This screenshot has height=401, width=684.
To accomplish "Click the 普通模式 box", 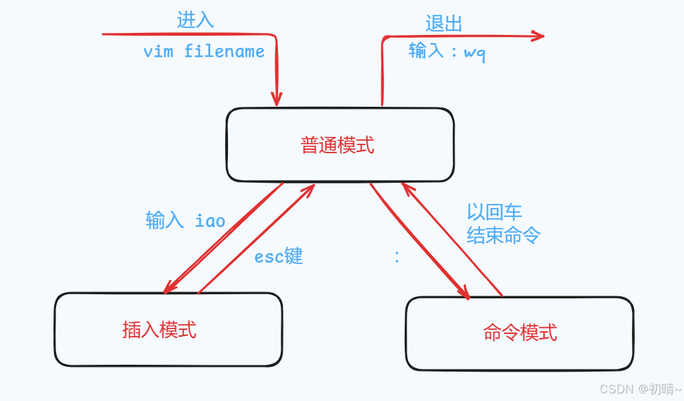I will [x=340, y=145].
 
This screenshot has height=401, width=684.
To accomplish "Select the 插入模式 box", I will [x=168, y=330].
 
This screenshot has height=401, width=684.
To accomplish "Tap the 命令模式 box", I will [x=520, y=333].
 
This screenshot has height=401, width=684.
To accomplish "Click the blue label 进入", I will [x=195, y=20].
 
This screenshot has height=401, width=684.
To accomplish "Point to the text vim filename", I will [x=203, y=52].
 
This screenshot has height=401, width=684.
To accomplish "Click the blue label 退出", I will [x=444, y=24].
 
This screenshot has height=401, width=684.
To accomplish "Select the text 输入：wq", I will [x=447, y=51].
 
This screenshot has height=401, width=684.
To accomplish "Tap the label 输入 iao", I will [x=185, y=220].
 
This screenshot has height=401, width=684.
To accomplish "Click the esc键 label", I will [x=279, y=257].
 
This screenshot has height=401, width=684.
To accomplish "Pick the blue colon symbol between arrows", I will [x=397, y=257].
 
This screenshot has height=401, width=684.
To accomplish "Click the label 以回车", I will [x=494, y=212].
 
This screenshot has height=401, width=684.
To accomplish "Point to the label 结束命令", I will [x=503, y=236].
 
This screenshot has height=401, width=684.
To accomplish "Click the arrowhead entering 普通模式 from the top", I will [x=277, y=100].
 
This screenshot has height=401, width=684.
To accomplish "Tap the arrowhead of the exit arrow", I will [x=537, y=36].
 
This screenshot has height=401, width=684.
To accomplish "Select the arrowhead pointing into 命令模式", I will [x=464, y=293].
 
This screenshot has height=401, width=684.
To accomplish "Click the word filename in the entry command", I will [x=224, y=52].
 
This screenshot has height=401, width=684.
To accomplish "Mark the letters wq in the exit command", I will [x=474, y=53].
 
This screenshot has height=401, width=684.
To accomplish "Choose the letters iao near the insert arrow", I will [x=210, y=221].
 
